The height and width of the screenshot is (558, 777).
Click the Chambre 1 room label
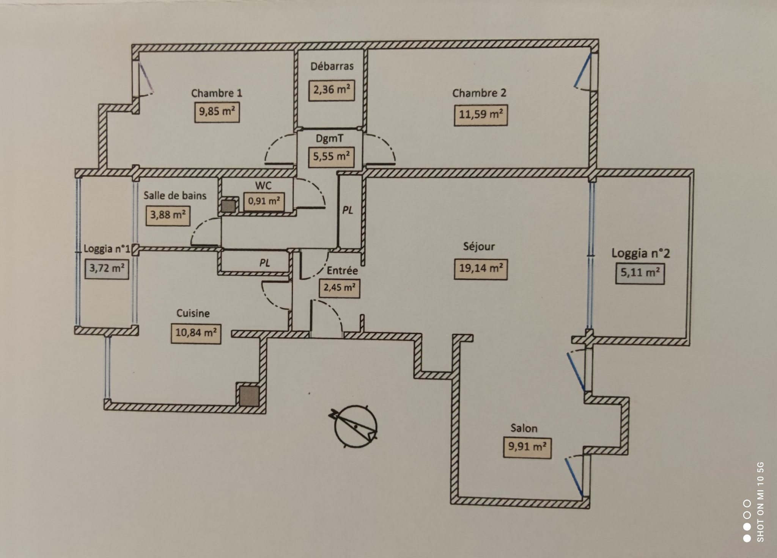tap(217, 93)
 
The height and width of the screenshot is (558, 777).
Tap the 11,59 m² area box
tap(481, 114)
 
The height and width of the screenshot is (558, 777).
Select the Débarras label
tap(332, 66)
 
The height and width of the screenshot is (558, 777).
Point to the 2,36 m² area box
tap(332, 90)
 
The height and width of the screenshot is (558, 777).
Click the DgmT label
tap(329, 138)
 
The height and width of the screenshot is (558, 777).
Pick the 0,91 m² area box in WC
tap(264, 201)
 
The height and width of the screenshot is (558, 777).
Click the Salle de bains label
tap(175, 196)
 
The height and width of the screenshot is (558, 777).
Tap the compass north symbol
tap(355, 426)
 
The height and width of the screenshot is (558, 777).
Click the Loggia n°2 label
tap(641, 253)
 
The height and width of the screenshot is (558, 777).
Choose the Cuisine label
tap(193, 313)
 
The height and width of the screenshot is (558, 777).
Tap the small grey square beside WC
tap(229, 206)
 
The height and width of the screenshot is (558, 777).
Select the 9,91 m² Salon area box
tap(527, 448)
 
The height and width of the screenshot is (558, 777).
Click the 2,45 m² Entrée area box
tap(339, 288)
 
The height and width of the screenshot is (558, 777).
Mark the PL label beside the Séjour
tap(348, 210)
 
